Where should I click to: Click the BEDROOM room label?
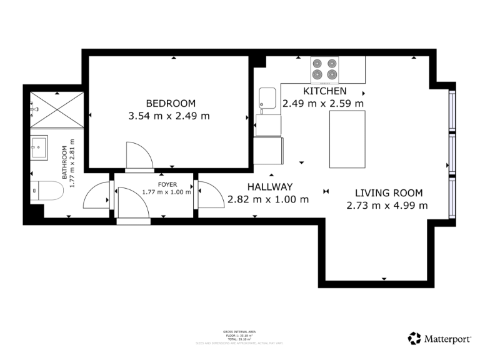pyautogui.click(x=171, y=103)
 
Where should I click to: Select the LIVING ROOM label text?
pyautogui.click(x=389, y=193)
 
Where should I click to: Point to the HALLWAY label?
pyautogui.click(x=269, y=187)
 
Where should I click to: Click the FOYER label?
pyautogui.click(x=167, y=184)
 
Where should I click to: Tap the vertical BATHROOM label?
pyautogui.click(x=64, y=162)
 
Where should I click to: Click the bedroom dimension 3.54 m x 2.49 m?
pyautogui.click(x=169, y=116)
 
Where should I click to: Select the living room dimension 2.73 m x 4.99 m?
pyautogui.click(x=387, y=206)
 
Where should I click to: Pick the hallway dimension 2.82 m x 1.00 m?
pyautogui.click(x=268, y=200)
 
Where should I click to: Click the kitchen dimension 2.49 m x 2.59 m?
pyautogui.click(x=323, y=104)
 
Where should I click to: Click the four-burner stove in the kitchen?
pyautogui.click(x=325, y=70)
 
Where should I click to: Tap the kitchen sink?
pyautogui.click(x=268, y=97)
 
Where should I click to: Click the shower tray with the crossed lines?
pyautogui.click(x=56, y=110)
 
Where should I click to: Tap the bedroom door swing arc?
pyautogui.click(x=138, y=156)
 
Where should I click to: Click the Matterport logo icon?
pyautogui.click(x=414, y=338)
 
